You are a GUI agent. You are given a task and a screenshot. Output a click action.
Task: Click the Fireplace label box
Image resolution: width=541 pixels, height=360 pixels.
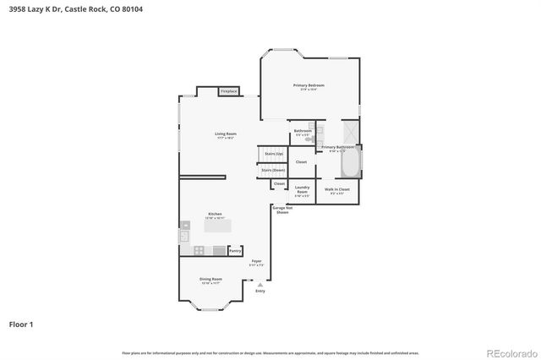coord(229,91)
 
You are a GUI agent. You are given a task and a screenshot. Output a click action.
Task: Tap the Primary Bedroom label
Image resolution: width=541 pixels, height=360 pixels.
coord(309,86)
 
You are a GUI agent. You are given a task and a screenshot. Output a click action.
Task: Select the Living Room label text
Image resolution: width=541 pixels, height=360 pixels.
coord(225,135)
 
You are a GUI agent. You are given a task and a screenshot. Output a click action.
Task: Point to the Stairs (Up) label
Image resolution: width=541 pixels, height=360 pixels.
coord(273,154)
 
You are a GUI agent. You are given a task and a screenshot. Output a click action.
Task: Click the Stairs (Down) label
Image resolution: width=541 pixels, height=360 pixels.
coord(273,170)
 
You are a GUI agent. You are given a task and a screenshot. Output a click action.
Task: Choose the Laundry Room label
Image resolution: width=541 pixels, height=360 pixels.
coord(302,190)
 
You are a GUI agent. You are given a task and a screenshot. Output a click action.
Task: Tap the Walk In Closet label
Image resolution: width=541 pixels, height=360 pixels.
coord(337,190)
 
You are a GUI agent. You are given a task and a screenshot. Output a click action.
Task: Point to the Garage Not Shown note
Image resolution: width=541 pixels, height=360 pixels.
coord(282,210)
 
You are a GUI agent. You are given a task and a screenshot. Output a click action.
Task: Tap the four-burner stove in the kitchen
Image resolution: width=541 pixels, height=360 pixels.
coord(199,250)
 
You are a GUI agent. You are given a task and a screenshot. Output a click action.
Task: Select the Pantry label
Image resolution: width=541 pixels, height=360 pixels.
coord(236,251)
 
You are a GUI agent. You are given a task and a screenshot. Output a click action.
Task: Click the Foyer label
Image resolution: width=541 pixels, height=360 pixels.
coord(257,263)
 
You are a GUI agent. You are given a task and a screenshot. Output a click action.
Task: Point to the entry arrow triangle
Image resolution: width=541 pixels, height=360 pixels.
coord(260,285)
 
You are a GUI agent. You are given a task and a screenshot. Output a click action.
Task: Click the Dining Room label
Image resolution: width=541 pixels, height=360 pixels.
coord(211,280)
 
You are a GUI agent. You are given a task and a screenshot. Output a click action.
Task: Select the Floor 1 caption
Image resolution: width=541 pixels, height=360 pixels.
coord(21,324)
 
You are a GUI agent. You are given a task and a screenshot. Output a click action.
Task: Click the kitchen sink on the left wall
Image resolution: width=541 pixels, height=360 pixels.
coord(183,237)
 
